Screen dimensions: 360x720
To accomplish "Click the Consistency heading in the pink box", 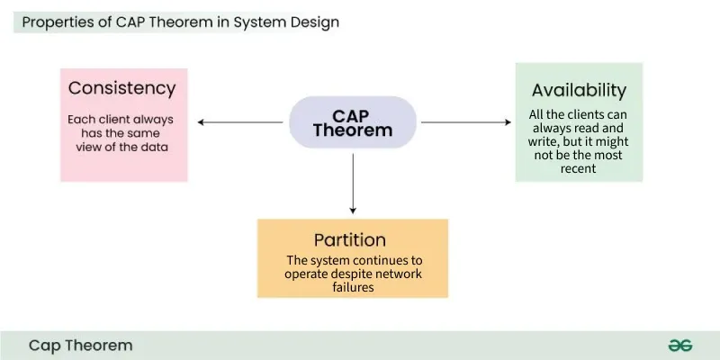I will click(121, 88).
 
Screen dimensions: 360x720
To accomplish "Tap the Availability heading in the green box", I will click(579, 90).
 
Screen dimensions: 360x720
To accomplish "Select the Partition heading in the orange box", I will click(350, 240).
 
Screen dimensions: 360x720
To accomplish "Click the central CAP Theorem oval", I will click(352, 122).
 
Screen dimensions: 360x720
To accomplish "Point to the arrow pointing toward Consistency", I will click(239, 121).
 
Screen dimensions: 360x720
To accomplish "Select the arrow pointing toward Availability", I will click(465, 121).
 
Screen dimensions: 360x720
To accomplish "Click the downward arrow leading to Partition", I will click(352, 184).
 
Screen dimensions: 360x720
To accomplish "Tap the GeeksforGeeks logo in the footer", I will click(679, 345).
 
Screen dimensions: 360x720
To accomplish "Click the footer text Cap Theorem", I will click(80, 345).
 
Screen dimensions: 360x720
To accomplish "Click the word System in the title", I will click(261, 22).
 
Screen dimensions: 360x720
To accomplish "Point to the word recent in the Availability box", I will click(578, 168).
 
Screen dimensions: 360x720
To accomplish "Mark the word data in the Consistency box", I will click(154, 147).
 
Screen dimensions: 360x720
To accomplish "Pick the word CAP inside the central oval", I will click(352, 115).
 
